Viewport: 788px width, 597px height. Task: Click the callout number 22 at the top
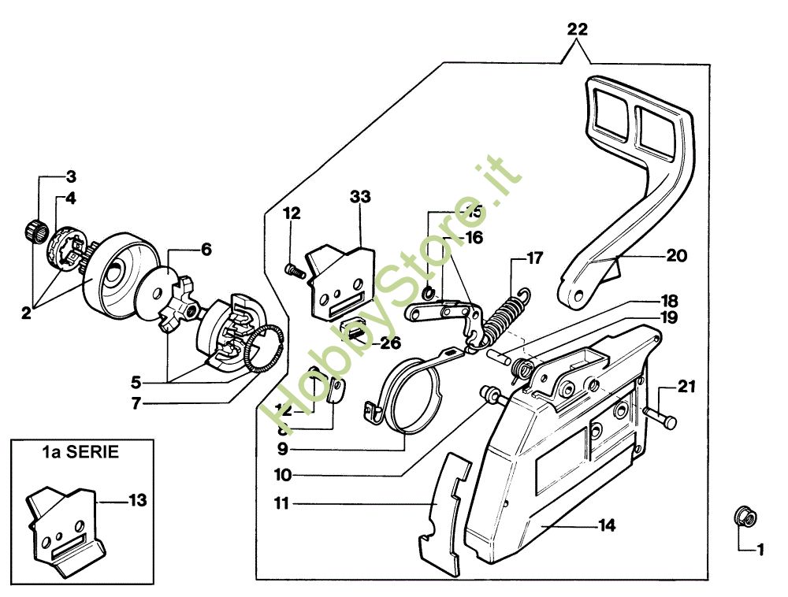point(577,30)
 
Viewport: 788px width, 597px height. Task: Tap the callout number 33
point(360,196)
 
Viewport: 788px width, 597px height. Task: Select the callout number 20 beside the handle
point(676,256)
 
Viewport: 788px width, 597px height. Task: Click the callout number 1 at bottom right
point(760,551)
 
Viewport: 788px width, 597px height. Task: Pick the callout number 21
point(687,386)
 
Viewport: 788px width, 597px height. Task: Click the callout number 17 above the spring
point(535,258)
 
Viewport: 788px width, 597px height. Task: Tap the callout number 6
point(206,250)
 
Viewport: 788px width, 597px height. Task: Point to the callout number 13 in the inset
point(137,499)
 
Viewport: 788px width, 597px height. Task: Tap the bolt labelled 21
point(660,416)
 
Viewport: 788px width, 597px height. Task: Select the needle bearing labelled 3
point(34,232)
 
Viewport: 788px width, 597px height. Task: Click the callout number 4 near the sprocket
point(71,198)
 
